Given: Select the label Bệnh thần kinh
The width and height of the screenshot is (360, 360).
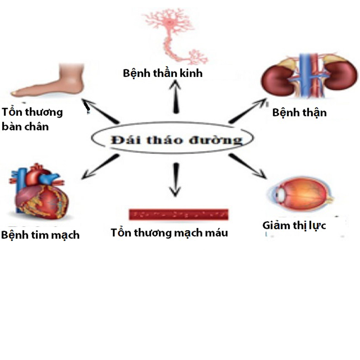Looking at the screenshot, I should [163, 73].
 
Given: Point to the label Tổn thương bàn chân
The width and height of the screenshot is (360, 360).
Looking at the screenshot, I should [32, 119].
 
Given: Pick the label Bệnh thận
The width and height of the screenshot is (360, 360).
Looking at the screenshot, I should [299, 113].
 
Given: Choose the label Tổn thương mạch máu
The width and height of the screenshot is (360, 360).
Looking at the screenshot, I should [169, 233].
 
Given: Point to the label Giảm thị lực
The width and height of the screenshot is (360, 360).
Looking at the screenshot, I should [294, 225].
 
